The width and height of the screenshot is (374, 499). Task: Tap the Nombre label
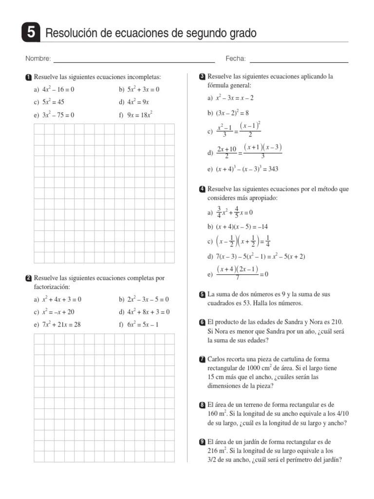click(x=38, y=59)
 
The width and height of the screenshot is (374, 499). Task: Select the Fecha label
click(x=236, y=59)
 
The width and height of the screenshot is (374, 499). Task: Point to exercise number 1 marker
click(x=29, y=77)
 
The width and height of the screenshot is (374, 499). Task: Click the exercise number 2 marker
click(x=29, y=278)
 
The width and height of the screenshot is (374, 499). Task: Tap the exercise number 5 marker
click(x=202, y=294)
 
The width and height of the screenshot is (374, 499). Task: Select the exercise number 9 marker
click(x=202, y=441)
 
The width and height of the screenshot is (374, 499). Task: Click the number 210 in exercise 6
click(x=336, y=322)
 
